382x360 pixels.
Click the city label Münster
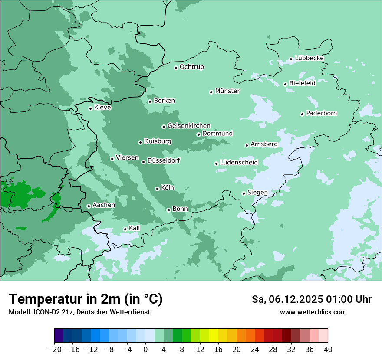click(227, 91)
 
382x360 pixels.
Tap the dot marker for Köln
click(157, 189)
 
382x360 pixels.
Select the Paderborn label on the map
click(321, 114)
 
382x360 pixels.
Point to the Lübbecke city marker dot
click(291, 59)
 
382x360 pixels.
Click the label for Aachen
click(104, 205)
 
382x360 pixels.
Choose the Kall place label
click(134, 228)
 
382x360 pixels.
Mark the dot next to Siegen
click(244, 193)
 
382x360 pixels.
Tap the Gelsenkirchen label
click(189, 126)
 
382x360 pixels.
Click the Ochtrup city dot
click(176, 67)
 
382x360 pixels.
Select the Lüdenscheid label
click(239, 163)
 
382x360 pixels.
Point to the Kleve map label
click(102, 108)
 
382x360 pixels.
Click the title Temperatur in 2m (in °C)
click(86, 299)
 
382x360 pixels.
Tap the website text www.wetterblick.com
click(313, 312)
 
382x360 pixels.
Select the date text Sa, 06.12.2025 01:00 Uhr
click(311, 300)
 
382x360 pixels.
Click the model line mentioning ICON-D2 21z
click(79, 312)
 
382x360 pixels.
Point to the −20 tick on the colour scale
click(55, 350)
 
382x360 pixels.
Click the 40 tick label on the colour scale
click(328, 350)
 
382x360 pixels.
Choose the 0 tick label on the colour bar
click(145, 350)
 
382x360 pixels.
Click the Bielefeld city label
click(302, 83)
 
